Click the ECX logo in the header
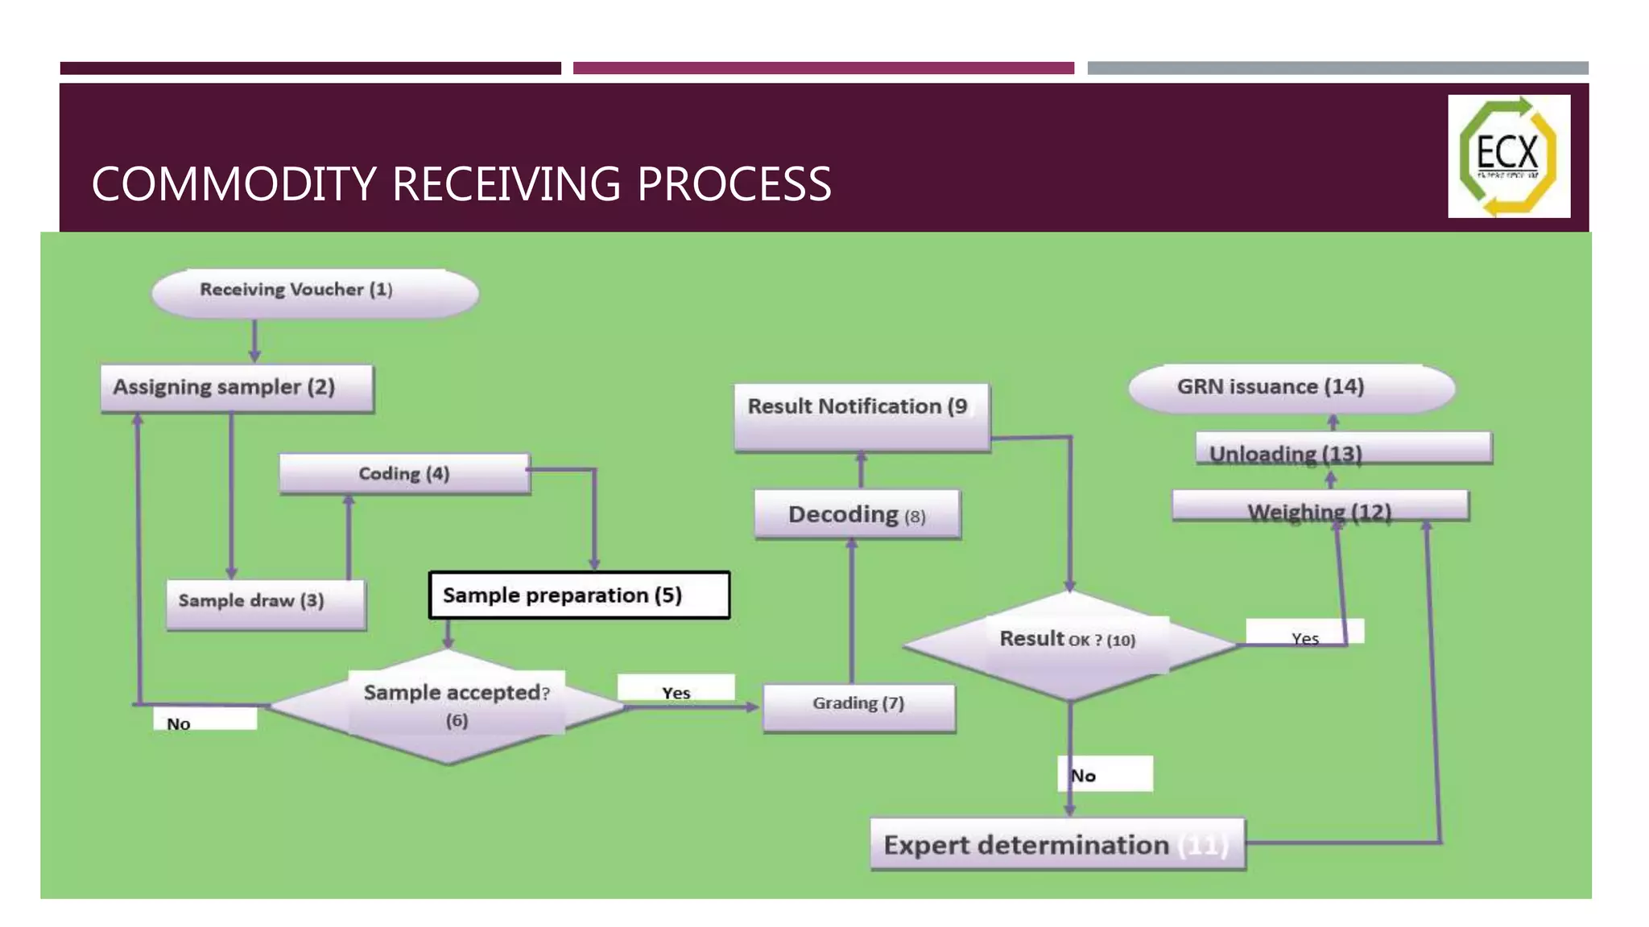point(1508,156)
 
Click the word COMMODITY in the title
point(234,184)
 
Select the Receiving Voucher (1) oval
point(315,292)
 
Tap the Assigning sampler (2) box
point(237,389)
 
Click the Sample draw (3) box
point(266,604)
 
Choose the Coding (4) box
point(404,473)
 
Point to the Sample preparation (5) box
point(579,595)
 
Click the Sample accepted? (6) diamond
point(448,707)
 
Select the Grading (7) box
point(858,707)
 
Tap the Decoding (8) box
point(857,514)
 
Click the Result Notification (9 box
point(862,417)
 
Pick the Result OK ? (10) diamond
point(1069,644)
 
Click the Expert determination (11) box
point(1057,844)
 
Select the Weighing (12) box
point(1320,507)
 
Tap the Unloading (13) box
point(1343,449)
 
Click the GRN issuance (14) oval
point(1292,388)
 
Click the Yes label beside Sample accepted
point(676,690)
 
